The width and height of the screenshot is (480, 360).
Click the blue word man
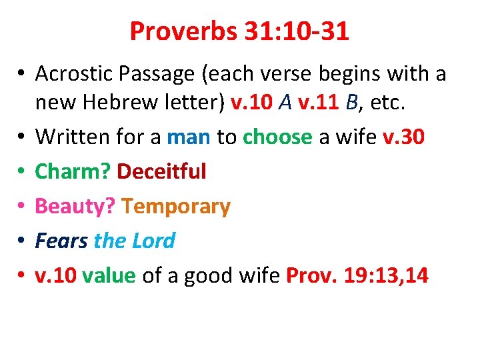pyautogui.click(x=189, y=137)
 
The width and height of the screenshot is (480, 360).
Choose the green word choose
pyautogui.click(x=277, y=137)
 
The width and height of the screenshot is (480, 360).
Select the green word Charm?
pyautogui.click(x=73, y=171)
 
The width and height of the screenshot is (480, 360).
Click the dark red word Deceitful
pyautogui.click(x=162, y=171)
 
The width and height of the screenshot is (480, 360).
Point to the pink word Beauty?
pyautogui.click(x=76, y=206)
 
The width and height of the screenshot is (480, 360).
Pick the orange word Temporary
pyautogui.click(x=177, y=206)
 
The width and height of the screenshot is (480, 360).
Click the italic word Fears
pyautogui.click(x=61, y=241)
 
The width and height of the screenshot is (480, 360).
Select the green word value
pyautogui.click(x=109, y=275)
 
